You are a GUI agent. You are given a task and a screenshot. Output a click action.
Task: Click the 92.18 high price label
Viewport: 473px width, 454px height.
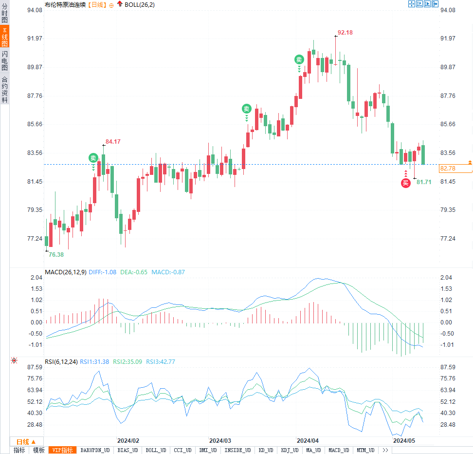pos(345,32)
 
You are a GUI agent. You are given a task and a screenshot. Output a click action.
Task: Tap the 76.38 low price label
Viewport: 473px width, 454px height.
pos(56,254)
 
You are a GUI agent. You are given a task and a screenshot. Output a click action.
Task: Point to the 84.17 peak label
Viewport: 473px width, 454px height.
pos(113,141)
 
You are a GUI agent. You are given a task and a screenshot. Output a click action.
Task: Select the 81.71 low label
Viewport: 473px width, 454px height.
pos(424,182)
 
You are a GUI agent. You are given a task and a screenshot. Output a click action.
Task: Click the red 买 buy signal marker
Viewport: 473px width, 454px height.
pos(405,183)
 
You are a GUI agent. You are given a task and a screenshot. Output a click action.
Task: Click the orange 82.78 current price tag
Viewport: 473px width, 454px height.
pos(455,169)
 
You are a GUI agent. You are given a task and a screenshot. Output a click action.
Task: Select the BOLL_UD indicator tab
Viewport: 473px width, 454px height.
pos(156,450)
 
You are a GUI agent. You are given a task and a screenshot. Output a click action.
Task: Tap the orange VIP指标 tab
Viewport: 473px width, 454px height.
pos(63,450)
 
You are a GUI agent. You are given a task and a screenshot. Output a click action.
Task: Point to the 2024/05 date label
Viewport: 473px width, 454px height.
pos(405,440)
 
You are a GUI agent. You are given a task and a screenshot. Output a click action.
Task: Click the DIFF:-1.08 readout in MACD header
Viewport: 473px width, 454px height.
pos(102,272)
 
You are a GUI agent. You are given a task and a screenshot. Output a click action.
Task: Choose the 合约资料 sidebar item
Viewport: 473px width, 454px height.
pos(5,89)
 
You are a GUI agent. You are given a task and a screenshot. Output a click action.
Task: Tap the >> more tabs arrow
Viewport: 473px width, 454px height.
pos(385,450)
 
